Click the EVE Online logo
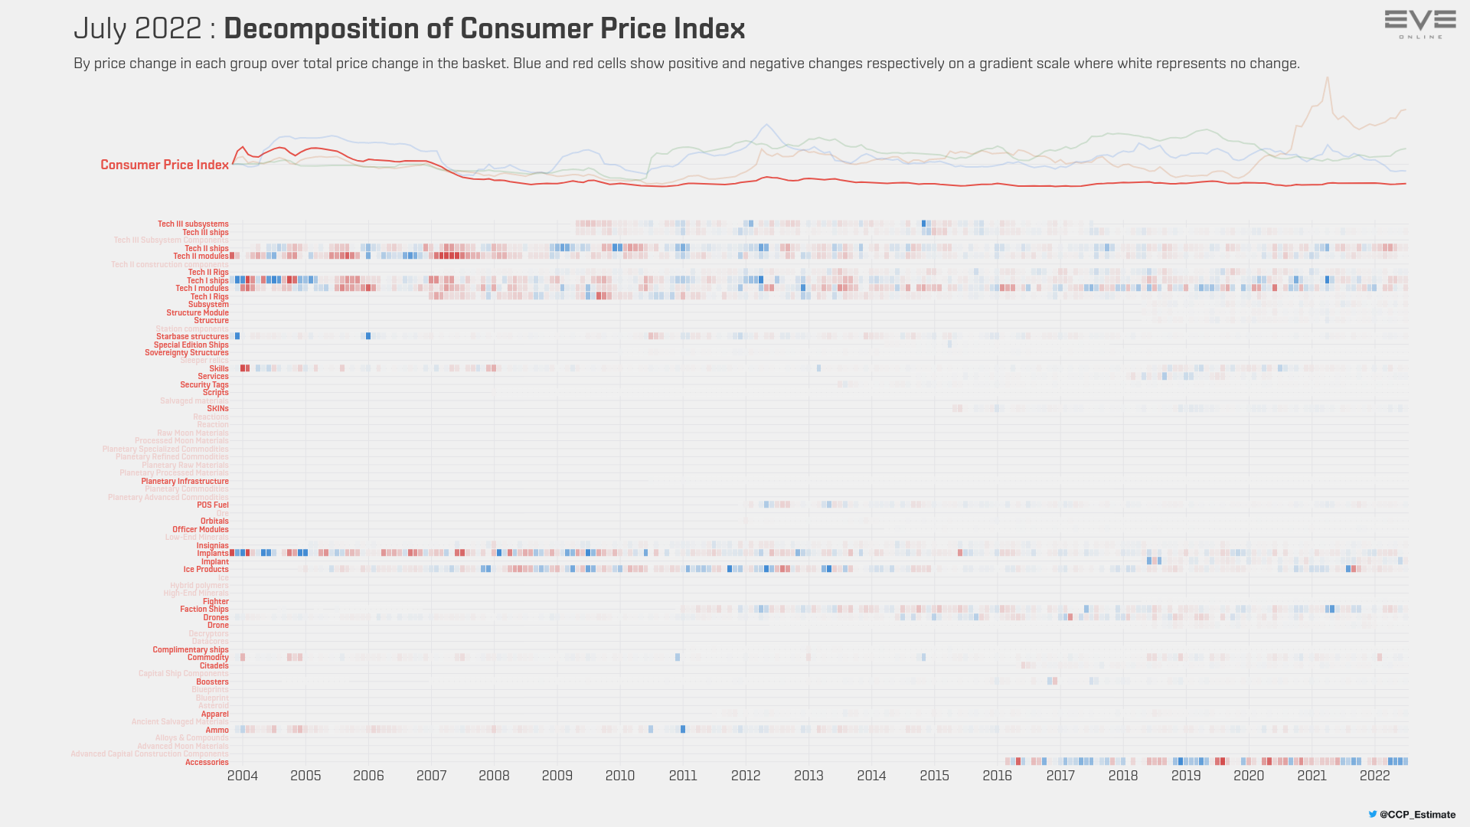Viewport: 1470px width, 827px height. (1420, 24)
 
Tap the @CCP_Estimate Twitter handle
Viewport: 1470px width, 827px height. (1417, 815)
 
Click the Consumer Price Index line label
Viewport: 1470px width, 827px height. (165, 165)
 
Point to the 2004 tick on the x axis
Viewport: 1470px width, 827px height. (243, 776)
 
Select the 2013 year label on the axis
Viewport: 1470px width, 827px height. (808, 776)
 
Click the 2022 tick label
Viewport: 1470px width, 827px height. (1374, 776)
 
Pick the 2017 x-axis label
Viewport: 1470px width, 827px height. (1060, 776)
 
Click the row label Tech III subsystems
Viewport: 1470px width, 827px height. (193, 224)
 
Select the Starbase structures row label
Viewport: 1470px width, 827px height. (192, 337)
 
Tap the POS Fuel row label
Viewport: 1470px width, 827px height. (213, 505)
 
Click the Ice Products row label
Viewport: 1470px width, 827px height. (206, 570)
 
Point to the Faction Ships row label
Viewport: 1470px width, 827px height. (204, 610)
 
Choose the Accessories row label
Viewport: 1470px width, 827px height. (207, 763)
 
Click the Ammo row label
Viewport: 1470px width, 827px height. (217, 731)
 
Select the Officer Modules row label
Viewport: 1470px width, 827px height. (201, 530)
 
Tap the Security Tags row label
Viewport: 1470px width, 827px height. (204, 385)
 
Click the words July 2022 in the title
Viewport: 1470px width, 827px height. (138, 29)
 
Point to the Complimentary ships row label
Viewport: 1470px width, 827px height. (191, 650)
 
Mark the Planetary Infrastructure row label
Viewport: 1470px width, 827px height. (185, 482)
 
